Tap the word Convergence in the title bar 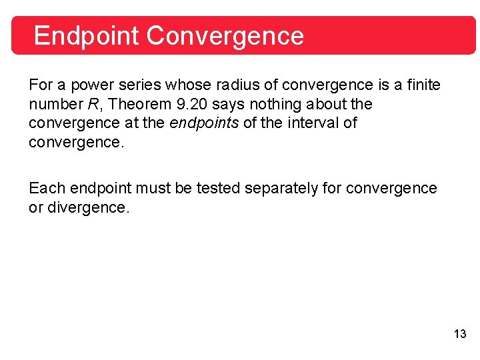225,35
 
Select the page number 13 460,334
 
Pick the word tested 217,189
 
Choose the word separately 282,189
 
